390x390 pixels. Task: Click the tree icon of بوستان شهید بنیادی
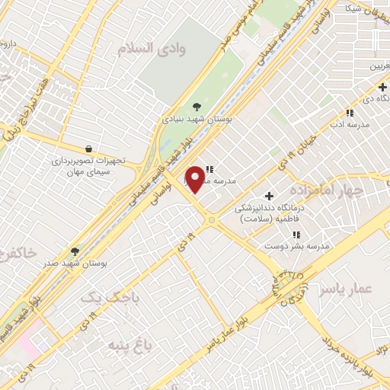(197, 107)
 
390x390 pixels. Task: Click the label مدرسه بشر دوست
(296, 247)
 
